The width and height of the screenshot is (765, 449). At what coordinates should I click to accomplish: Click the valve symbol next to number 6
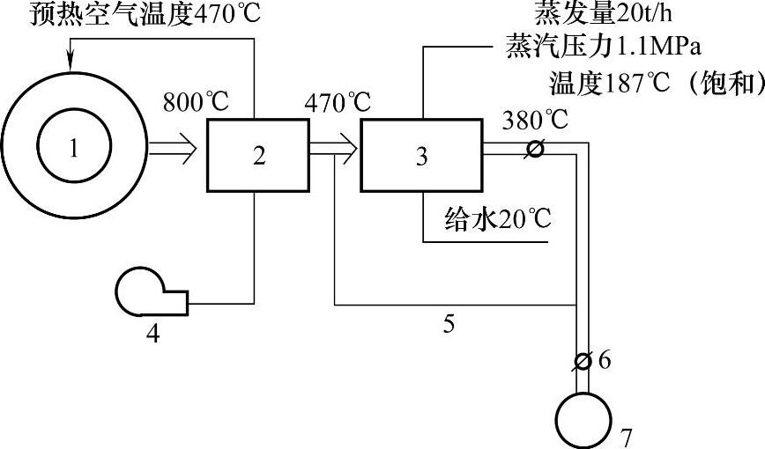tap(582, 359)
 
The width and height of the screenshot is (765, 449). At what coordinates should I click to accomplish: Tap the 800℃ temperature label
tap(196, 101)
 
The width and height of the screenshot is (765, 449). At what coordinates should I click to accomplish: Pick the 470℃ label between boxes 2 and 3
tap(338, 101)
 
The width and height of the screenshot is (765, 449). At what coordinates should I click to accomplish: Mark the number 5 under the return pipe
tap(449, 326)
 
